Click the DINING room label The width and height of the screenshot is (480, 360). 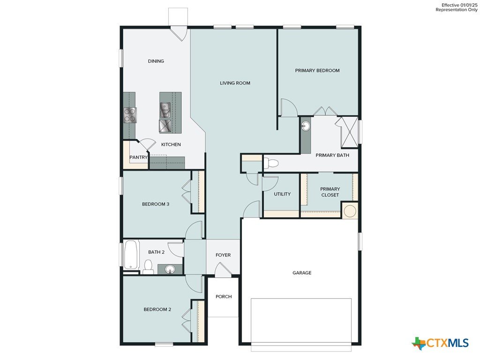[156, 61]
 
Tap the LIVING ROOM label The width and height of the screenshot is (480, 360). [235, 83]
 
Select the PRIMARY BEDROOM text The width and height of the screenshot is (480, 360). [317, 70]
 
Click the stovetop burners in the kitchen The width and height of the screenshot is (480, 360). [130, 115]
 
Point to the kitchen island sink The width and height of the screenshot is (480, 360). [165, 110]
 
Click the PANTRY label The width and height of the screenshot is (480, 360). [138, 157]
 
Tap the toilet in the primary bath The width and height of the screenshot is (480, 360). [270, 163]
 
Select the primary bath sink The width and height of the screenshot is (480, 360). [305, 126]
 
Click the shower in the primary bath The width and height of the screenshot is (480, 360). [349, 132]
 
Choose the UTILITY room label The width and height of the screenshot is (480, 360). [282, 194]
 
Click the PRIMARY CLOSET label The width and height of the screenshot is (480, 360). [330, 192]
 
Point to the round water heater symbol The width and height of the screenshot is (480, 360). [350, 211]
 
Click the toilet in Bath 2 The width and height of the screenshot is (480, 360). [149, 267]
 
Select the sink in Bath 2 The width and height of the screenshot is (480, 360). [170, 270]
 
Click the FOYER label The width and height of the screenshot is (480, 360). [223, 255]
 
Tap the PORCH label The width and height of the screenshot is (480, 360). [224, 297]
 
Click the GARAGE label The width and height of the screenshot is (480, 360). [302, 273]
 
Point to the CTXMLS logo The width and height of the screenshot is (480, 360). [440, 343]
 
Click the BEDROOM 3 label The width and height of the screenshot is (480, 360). [156, 204]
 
